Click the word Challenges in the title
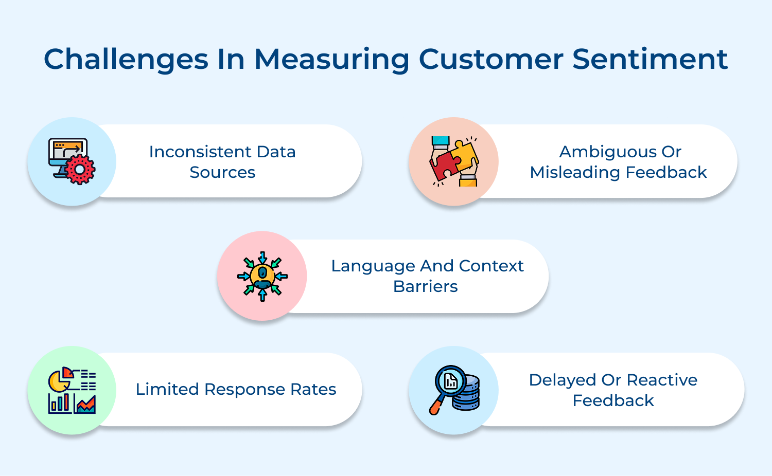126,59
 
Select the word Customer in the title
491,59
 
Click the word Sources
222,172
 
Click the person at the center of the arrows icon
262,277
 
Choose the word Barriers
425,286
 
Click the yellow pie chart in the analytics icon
58,382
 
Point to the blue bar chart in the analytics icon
60,403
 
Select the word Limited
167,389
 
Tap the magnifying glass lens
450,381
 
